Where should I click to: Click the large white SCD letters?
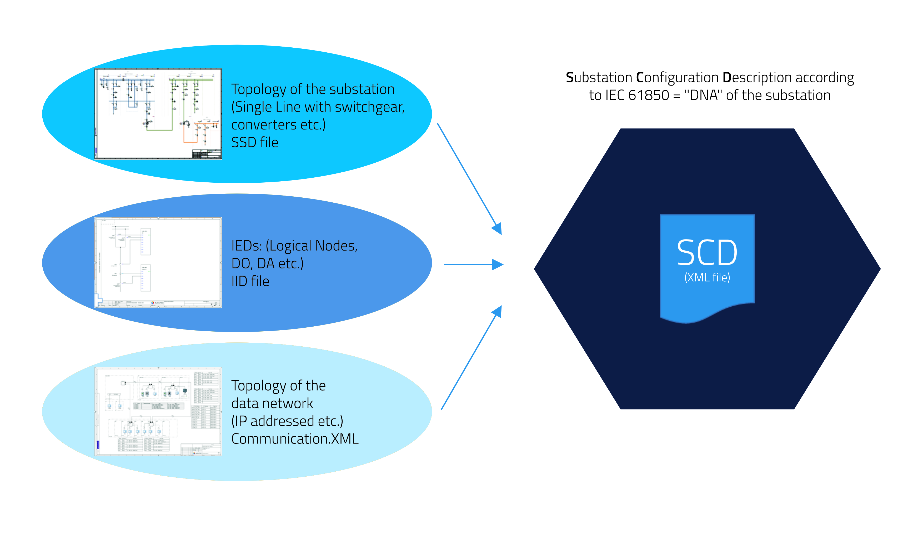(707, 253)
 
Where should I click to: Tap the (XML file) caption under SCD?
(707, 278)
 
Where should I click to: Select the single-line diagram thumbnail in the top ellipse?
(158, 114)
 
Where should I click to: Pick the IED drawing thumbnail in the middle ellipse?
(158, 263)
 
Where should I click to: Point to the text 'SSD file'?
(255, 143)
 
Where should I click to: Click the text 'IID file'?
(250, 281)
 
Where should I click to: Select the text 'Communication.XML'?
(295, 439)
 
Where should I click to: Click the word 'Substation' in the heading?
(599, 78)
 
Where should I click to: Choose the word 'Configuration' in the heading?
(677, 78)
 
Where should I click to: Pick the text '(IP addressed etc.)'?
(287, 421)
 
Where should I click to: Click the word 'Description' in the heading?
(757, 78)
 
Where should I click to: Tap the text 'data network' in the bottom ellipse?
(272, 403)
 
